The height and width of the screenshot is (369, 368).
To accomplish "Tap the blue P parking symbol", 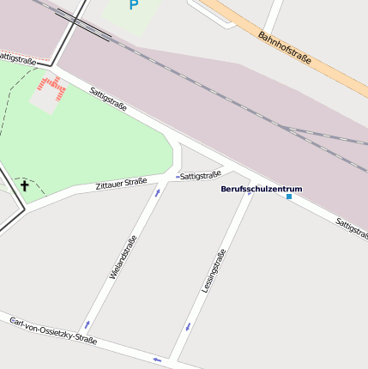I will click(133, 6).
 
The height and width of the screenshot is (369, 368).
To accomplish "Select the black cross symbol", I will click(25, 185).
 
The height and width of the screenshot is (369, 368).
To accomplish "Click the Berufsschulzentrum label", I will click(262, 189).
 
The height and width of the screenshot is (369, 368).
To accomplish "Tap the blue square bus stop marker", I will click(289, 197).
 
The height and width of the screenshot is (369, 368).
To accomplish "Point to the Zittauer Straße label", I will click(121, 184).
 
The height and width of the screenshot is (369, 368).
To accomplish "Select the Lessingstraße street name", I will click(214, 271).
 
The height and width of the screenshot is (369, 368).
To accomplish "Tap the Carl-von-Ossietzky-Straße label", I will click(52, 330).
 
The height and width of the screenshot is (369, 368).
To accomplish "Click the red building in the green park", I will click(51, 87).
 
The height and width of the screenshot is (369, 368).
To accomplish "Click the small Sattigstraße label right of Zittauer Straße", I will click(202, 174).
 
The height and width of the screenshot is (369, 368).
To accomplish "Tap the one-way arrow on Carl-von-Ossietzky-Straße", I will click(157, 359).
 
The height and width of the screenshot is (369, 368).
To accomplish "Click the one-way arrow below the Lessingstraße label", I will click(188, 326).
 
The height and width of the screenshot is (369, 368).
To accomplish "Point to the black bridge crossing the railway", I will click(83, 26).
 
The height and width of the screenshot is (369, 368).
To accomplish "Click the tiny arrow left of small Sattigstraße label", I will click(178, 176).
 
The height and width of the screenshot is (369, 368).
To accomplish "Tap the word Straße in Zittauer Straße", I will click(136, 182).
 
